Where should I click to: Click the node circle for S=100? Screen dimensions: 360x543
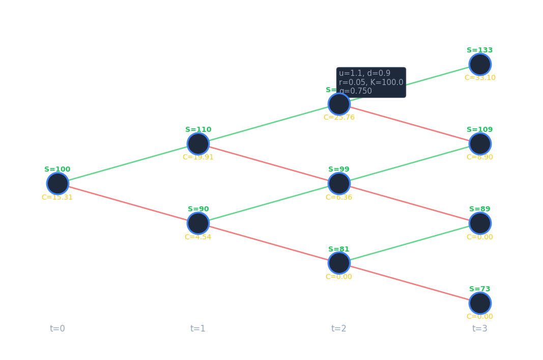point(58,183)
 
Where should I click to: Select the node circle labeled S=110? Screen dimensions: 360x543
point(198,144)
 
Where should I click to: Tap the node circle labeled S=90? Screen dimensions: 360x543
point(198,223)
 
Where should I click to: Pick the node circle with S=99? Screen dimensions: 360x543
point(339,183)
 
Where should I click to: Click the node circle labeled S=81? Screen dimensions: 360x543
point(339,263)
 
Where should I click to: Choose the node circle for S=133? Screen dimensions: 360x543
point(480,64)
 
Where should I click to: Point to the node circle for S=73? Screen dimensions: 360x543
point(480,303)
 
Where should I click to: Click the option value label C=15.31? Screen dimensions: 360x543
point(57,198)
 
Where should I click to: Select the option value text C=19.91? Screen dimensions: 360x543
point(198,157)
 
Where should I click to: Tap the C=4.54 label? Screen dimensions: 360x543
point(198,237)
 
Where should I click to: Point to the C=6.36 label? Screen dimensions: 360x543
point(339,198)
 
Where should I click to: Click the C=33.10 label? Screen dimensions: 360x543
point(480,78)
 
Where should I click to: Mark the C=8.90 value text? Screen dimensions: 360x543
point(480,157)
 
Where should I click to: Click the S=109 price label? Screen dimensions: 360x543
point(480,130)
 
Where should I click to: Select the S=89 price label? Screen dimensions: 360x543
point(480,209)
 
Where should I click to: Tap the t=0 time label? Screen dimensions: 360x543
point(58,328)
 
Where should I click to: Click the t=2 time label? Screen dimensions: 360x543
point(339,328)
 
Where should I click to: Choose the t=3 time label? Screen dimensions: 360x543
point(480,328)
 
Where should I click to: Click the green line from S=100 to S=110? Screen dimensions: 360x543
point(128,163)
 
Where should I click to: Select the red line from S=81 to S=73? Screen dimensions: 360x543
point(410,283)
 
